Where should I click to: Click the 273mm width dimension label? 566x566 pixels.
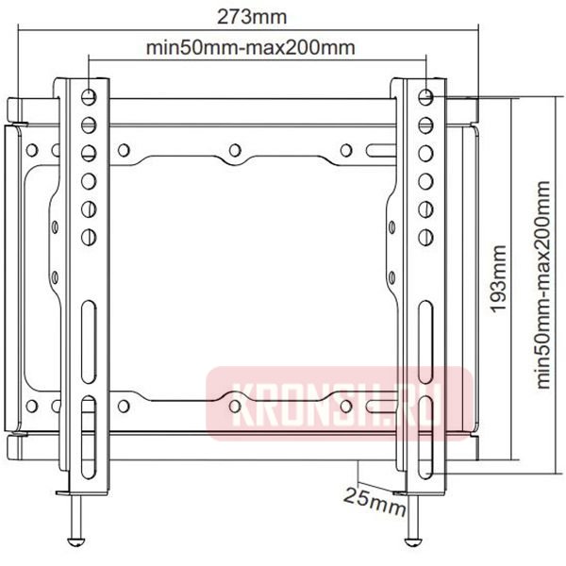tap(253, 17)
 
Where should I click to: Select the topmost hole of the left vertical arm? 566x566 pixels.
tap(88, 97)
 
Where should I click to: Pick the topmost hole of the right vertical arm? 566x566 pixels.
tap(425, 97)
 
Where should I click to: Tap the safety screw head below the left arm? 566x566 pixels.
tap(75, 540)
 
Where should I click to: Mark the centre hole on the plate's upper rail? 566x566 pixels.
tap(234, 149)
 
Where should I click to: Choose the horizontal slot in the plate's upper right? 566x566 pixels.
tap(376, 149)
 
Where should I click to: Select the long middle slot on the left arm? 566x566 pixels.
tap(87, 325)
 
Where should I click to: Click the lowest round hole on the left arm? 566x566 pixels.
tap(88, 236)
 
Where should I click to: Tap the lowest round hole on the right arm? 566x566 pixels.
tap(425, 236)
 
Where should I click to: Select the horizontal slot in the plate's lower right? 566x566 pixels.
tap(376, 407)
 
